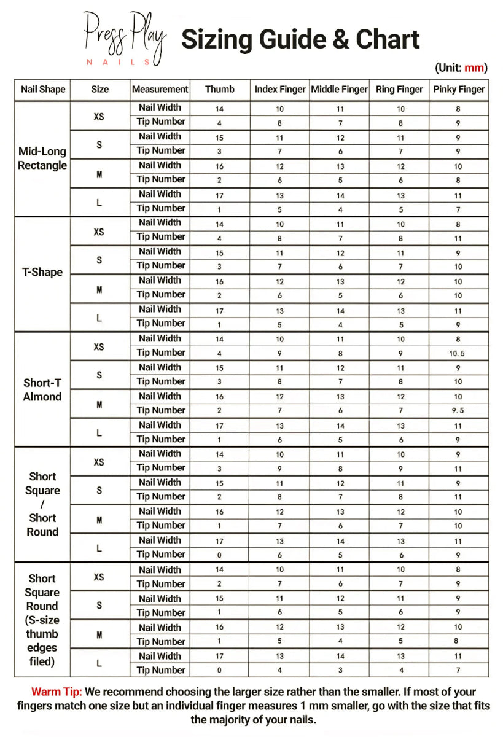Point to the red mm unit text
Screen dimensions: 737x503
[x=474, y=68]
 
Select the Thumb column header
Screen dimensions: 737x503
[x=219, y=89]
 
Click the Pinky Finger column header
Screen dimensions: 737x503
[x=459, y=89]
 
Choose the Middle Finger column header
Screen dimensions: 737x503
[x=340, y=89]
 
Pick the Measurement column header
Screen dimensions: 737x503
[x=160, y=89]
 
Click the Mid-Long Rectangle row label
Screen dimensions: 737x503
[x=42, y=158]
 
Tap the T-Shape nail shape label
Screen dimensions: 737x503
[x=42, y=272]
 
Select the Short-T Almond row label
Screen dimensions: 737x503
[x=42, y=389]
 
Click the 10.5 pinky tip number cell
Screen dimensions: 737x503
[x=459, y=354]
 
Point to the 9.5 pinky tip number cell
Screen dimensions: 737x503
[x=459, y=411]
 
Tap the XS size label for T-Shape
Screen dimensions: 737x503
[x=99, y=232]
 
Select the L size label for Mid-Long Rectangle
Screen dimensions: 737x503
[x=99, y=203]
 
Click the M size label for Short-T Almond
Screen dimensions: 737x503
[x=99, y=405]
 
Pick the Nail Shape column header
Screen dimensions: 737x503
[x=42, y=89]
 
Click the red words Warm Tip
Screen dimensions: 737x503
[x=55, y=692]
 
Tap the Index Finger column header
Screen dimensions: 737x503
[x=280, y=89]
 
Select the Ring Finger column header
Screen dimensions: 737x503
[x=399, y=89]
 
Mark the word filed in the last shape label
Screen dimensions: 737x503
[x=42, y=661]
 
